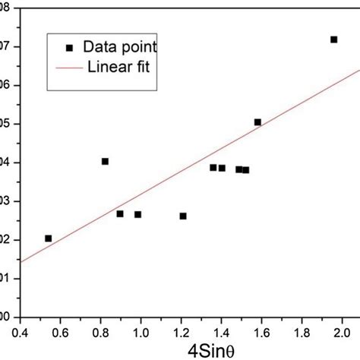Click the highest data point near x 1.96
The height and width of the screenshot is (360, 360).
pos(333,39)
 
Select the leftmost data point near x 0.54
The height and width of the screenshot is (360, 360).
pos(49,238)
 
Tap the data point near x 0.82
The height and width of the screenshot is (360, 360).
pos(105,161)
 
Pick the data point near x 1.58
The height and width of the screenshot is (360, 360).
pos(257,122)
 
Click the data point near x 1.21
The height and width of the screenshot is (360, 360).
pos(183,216)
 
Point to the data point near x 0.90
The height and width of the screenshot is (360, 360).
pos(120,213)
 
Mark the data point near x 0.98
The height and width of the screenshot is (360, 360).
pos(137,214)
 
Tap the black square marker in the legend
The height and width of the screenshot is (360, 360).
pos(69,48)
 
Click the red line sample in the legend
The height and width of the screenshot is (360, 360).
pos(69,65)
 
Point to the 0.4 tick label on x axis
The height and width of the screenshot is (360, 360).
pos(20,331)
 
